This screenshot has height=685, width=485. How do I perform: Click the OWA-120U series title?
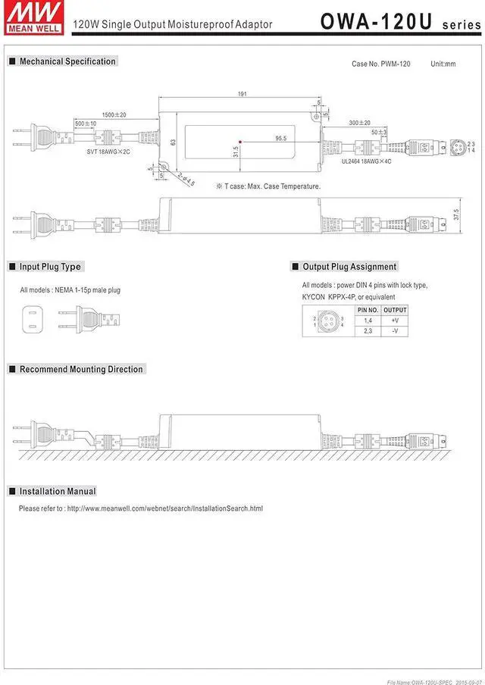click(400, 20)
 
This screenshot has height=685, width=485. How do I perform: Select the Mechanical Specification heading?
click(67, 61)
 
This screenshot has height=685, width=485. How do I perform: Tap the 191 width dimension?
click(243, 95)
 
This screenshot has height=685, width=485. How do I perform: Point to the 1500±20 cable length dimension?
click(114, 114)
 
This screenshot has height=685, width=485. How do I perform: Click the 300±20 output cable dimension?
click(359, 123)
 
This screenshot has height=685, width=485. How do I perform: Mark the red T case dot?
click(240, 141)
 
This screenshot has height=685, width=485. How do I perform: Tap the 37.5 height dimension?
click(455, 215)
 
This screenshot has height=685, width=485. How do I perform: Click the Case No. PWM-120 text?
click(381, 64)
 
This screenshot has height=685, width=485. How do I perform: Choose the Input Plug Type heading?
click(50, 267)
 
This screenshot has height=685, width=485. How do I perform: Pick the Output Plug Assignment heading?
click(349, 267)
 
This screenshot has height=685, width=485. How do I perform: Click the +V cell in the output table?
click(395, 321)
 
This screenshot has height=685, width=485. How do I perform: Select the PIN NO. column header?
click(368, 310)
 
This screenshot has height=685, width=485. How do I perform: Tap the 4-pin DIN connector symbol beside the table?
click(328, 321)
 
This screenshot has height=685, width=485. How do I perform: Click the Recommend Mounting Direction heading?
click(81, 369)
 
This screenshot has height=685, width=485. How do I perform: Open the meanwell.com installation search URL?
click(164, 508)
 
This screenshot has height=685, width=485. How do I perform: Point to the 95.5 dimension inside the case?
click(280, 139)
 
